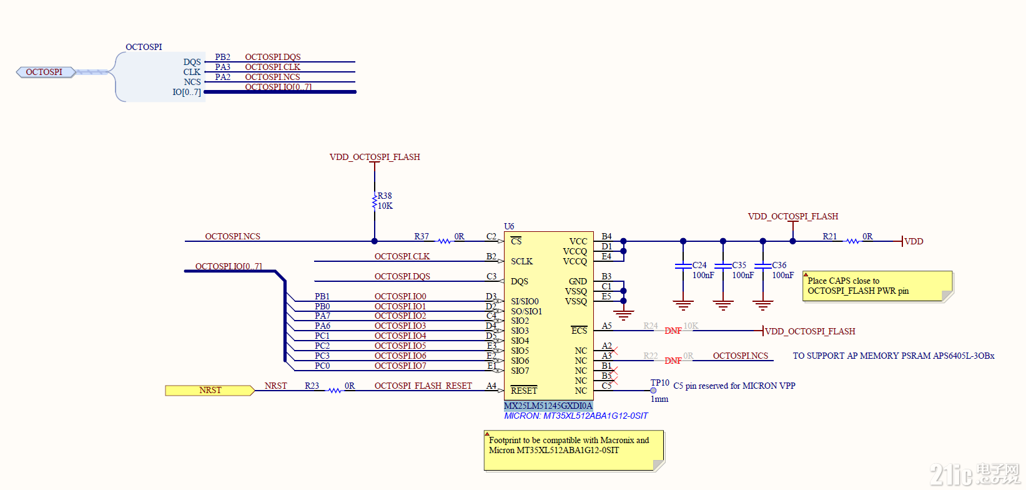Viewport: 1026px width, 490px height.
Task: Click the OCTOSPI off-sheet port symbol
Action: coord(45,72)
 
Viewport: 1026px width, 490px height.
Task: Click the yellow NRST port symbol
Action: coord(210,391)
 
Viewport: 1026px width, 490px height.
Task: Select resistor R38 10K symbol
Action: coord(374,201)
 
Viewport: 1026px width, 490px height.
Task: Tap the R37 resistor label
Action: coord(422,236)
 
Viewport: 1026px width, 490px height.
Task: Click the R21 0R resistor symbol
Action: coord(852,241)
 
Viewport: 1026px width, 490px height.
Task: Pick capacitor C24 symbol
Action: coord(683,266)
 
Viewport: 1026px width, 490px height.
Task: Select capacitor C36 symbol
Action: coord(762,266)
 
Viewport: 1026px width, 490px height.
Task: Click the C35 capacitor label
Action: coord(739,265)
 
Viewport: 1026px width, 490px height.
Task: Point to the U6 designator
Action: coord(509,226)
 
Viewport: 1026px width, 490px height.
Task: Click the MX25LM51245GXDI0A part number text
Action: coord(548,406)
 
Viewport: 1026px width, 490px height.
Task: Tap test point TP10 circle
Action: coord(653,391)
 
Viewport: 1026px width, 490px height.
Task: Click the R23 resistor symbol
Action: coord(335,391)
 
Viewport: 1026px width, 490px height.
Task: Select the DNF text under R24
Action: coord(673,331)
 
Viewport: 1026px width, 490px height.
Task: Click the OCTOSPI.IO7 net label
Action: coord(400,366)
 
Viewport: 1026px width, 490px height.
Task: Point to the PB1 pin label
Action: coord(322,296)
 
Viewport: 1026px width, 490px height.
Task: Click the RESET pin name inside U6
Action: coord(523,391)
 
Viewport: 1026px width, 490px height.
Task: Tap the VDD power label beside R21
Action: coord(914,241)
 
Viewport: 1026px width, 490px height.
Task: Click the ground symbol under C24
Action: coord(683,306)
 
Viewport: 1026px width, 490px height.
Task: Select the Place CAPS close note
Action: coord(877,286)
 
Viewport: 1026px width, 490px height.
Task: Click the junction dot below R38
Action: coord(374,241)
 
